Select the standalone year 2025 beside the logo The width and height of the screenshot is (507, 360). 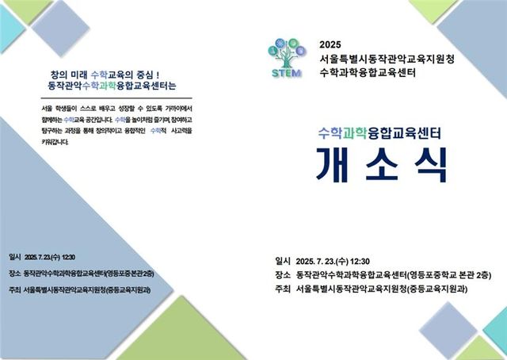tap(329, 44)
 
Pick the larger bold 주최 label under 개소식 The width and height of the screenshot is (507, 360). tap(282, 289)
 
